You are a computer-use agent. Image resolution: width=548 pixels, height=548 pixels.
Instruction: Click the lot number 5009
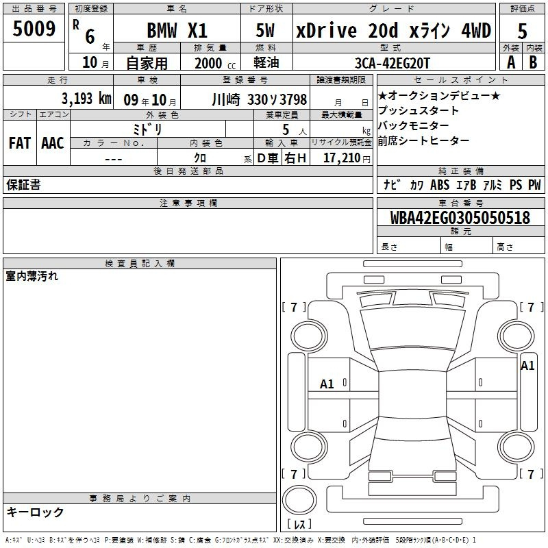click(x=34, y=28)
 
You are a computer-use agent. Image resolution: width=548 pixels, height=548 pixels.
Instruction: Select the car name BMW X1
click(x=177, y=30)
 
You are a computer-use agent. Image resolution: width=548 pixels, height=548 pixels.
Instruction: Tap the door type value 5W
click(x=265, y=30)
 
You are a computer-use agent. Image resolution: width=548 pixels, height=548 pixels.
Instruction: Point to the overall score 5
click(x=522, y=31)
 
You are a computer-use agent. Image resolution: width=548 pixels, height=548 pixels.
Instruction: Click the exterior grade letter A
click(x=511, y=62)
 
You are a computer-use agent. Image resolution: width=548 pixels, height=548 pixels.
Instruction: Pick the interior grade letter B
click(x=533, y=62)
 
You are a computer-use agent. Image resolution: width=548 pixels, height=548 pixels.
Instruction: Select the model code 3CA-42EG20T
click(x=392, y=63)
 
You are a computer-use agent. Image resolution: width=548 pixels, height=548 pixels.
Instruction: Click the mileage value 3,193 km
click(x=86, y=99)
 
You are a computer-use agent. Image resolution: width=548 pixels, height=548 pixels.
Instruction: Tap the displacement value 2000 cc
click(x=215, y=64)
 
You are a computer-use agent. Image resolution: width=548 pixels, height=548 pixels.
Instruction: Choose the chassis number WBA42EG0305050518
click(x=460, y=217)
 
